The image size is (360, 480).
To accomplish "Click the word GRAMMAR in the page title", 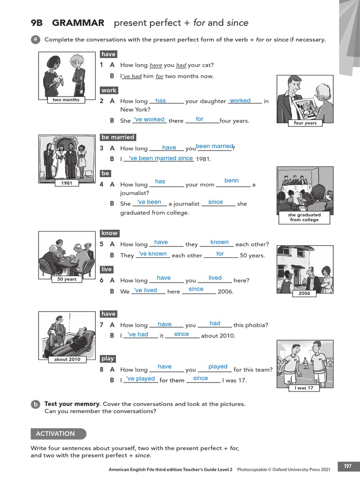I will (x=78, y=23).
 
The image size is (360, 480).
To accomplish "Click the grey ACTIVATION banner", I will (x=59, y=434).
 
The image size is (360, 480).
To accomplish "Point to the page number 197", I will (x=347, y=466).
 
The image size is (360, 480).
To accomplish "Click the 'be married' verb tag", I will (x=118, y=137).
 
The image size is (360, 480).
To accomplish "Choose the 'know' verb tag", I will (x=110, y=233).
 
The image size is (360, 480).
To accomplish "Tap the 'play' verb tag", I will (x=108, y=359).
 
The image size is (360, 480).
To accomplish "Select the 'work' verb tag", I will (x=109, y=90).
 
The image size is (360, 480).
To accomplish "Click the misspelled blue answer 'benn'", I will (x=232, y=180).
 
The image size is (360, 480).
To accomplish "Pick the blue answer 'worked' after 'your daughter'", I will (x=240, y=101).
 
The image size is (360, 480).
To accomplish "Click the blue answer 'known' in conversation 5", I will (x=219, y=242).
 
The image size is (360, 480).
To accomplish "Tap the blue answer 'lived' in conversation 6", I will (x=215, y=278).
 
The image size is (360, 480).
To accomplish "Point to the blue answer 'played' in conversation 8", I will (x=218, y=367).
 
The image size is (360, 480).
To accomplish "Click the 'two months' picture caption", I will (x=66, y=100).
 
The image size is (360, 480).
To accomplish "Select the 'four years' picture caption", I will (x=305, y=123).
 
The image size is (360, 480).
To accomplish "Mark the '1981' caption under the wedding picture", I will (x=67, y=183).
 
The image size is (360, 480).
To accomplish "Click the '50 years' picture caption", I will (x=67, y=279).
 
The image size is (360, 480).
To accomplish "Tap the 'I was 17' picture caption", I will (x=304, y=388).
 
